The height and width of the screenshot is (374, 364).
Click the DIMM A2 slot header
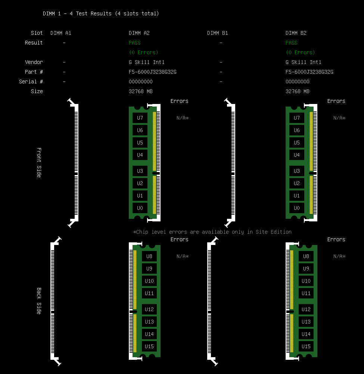point(139,33)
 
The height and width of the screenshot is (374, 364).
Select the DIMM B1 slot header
point(217,33)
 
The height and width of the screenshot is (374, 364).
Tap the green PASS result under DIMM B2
point(292,43)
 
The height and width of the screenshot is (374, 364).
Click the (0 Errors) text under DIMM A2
point(144,52)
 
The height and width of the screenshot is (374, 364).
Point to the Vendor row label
point(34,62)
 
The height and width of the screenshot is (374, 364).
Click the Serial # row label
point(31,82)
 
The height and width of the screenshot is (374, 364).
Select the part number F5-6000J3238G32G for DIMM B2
point(309,72)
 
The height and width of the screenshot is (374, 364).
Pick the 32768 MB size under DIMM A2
point(140,91)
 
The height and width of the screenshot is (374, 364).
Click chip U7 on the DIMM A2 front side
point(140,118)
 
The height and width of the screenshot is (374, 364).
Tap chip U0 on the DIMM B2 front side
point(297,208)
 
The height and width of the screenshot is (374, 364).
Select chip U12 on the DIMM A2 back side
point(149,309)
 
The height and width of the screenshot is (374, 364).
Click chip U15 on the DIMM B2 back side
point(306,346)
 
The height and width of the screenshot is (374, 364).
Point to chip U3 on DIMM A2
point(140,171)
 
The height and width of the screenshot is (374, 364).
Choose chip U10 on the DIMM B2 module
point(306,281)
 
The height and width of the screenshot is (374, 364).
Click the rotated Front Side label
point(39,162)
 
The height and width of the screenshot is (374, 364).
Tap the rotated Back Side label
point(39,301)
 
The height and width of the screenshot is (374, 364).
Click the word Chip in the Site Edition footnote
point(142,232)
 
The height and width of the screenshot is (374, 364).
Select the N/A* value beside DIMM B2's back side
point(339,256)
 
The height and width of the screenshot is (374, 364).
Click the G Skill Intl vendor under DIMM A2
point(146,62)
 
